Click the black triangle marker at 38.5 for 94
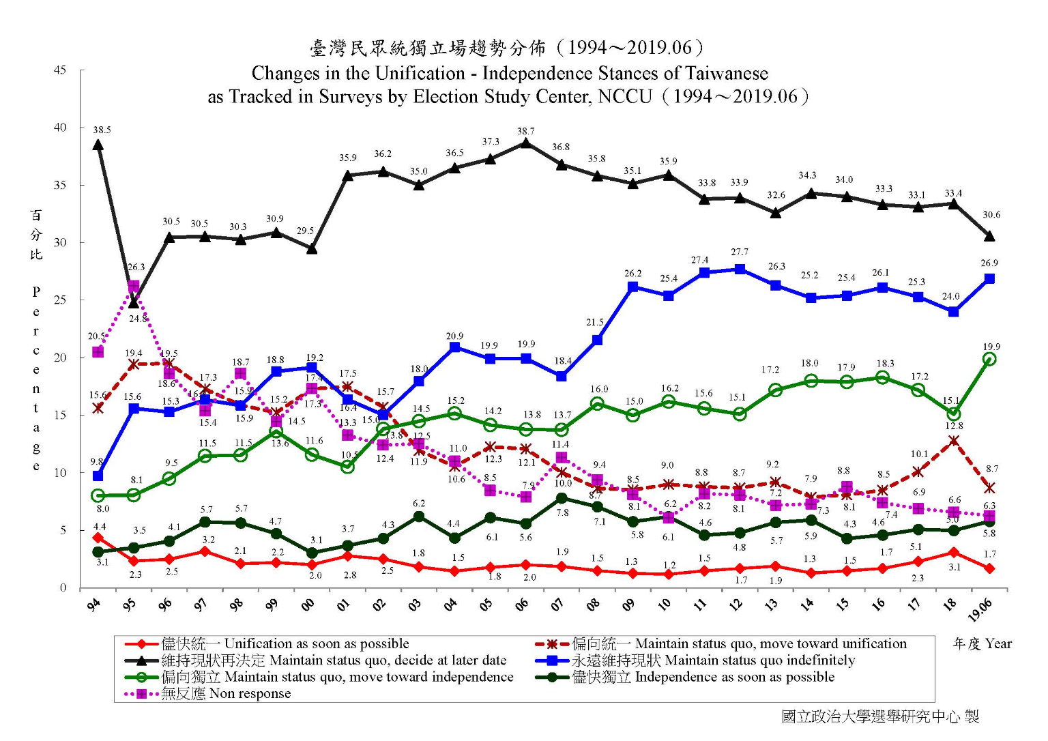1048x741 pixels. [98, 145]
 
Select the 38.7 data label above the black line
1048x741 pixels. [525, 131]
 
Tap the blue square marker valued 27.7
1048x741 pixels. [740, 269]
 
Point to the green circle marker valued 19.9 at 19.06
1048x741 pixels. [989, 359]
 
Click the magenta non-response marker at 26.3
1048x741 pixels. [134, 286]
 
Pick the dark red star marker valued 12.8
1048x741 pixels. [953, 441]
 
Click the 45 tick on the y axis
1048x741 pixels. [60, 70]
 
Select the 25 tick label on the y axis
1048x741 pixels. [60, 300]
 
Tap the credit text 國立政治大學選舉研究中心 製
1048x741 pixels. [880, 716]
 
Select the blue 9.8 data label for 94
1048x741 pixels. [96, 462]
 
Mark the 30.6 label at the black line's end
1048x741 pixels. [991, 215]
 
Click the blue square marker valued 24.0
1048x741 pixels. [953, 312]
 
